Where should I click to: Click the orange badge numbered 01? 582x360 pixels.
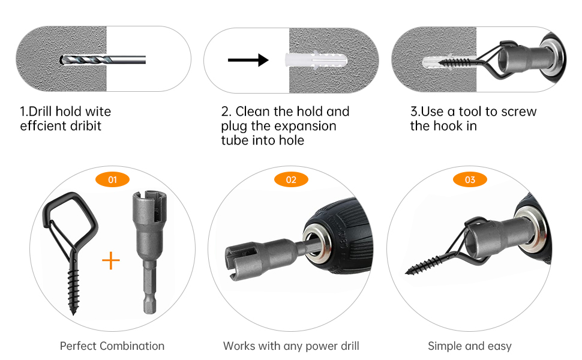pos(112,179)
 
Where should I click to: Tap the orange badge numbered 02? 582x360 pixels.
pos(292,179)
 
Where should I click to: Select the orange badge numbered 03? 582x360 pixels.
pos(470,179)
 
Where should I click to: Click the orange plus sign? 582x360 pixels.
pos(110,260)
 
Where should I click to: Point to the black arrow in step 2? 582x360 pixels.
pos(248,60)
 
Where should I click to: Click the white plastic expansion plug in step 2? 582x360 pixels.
pos(316,60)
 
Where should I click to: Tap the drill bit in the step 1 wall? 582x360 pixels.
pos(103,59)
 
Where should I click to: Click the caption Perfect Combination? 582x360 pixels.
pos(112,346)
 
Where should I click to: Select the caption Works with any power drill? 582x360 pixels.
pos(291,346)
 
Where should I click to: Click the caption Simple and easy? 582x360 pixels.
pos(470,346)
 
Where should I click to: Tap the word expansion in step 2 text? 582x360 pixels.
pos(293,126)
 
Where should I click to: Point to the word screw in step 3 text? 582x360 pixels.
pos(518,112)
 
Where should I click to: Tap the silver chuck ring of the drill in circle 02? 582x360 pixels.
pos(317,242)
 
